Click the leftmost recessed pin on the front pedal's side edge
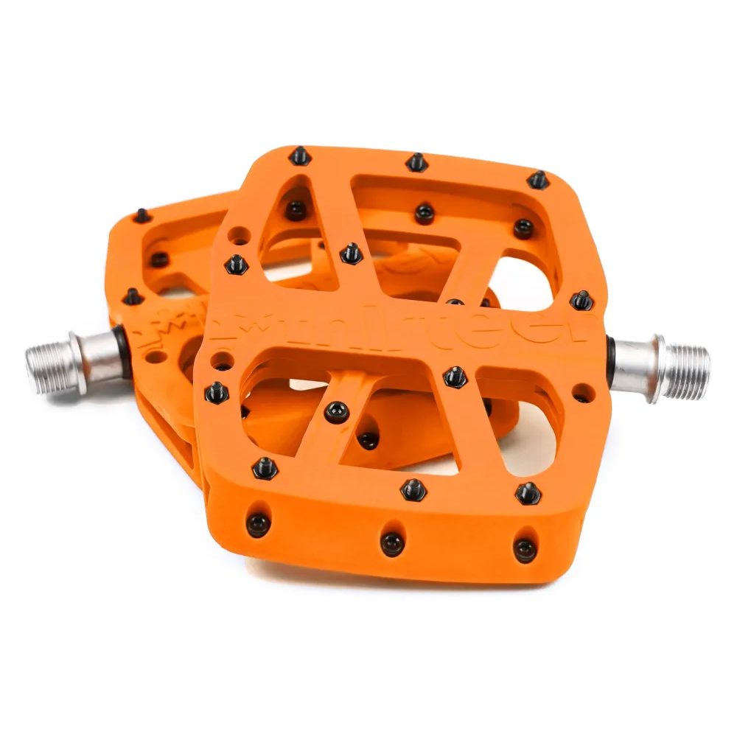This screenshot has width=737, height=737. [x=259, y=523]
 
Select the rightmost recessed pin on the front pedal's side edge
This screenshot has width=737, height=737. [x=524, y=548]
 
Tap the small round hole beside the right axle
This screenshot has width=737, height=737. [x=582, y=391]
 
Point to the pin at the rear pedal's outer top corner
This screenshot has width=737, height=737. [x=142, y=216]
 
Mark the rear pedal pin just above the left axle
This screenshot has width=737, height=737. [x=132, y=296]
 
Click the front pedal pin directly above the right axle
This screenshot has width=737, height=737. [x=581, y=300]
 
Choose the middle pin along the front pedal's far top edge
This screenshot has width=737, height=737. [x=417, y=161]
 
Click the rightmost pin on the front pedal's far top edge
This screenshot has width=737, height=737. [x=538, y=179]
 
